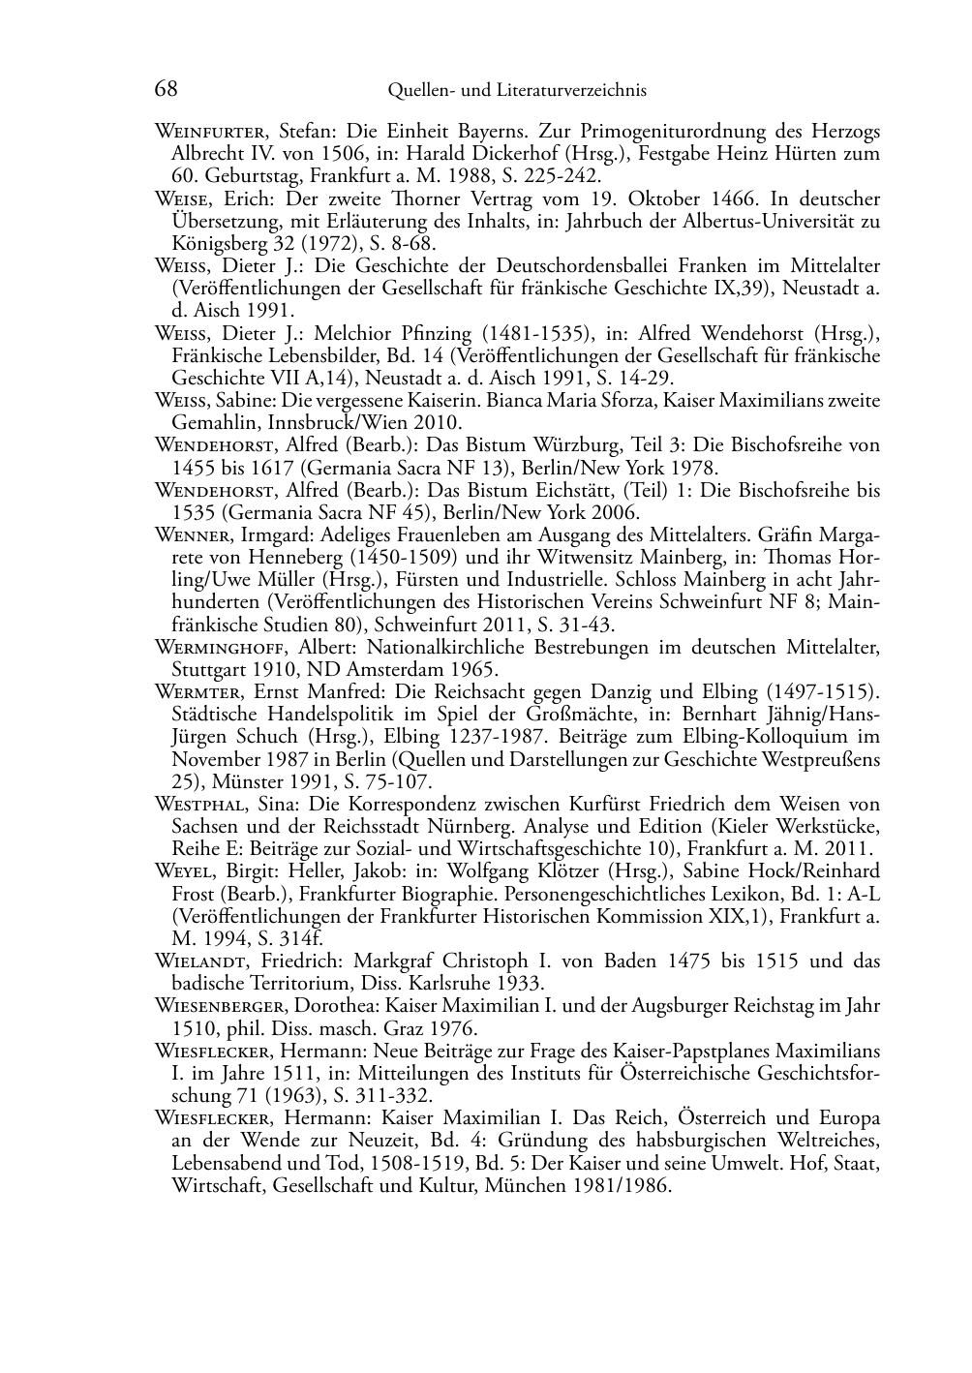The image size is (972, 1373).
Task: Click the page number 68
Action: tap(166, 89)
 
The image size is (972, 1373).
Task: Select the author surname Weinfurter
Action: tap(212, 132)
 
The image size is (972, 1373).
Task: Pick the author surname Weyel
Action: tap(184, 871)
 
